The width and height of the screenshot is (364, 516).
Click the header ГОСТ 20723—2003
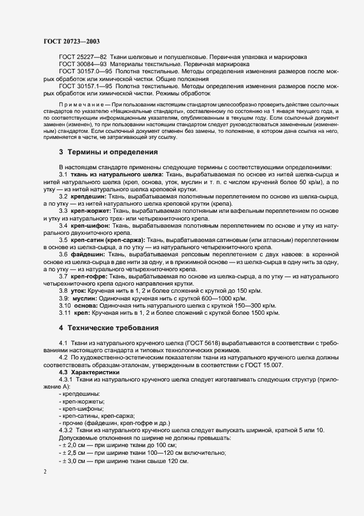pyautogui.click(x=71, y=41)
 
